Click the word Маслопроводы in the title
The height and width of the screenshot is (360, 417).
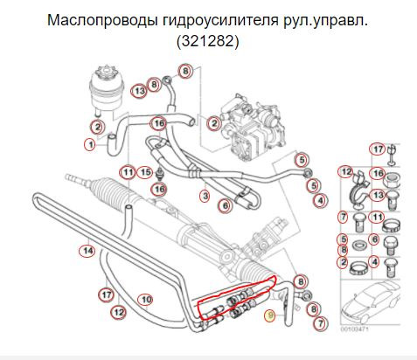pos(103,19)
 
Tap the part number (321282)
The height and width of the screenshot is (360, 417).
pos(207,40)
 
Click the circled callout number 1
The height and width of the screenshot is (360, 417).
pos(89,144)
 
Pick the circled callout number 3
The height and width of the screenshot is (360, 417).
pos(204,196)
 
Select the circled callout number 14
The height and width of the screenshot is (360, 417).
pos(86,252)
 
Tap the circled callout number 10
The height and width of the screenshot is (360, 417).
pos(146,299)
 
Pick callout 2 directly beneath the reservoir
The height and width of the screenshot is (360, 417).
pos(99,127)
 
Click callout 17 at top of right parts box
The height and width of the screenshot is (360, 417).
pos(378,148)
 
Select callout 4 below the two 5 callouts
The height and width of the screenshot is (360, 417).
pos(320,200)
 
